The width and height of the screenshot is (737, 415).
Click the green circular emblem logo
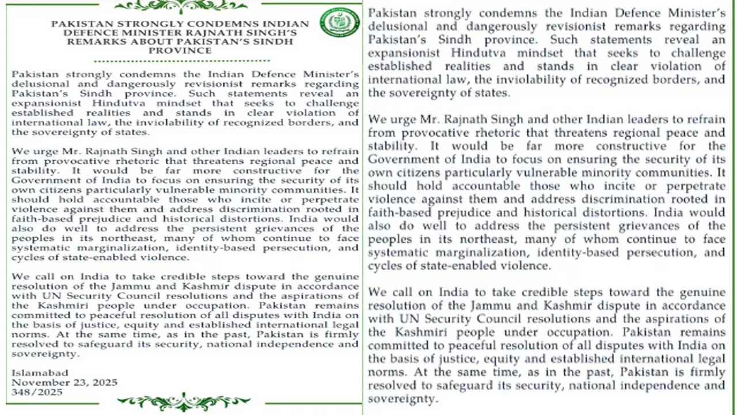coord(340,22)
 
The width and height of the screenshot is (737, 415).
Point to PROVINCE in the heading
coord(180,50)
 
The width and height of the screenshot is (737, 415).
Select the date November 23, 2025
coord(64,382)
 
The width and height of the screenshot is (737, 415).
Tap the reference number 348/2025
coord(37,391)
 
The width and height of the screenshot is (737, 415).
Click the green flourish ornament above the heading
coord(181,6)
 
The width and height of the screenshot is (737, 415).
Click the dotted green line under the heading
coord(181,61)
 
